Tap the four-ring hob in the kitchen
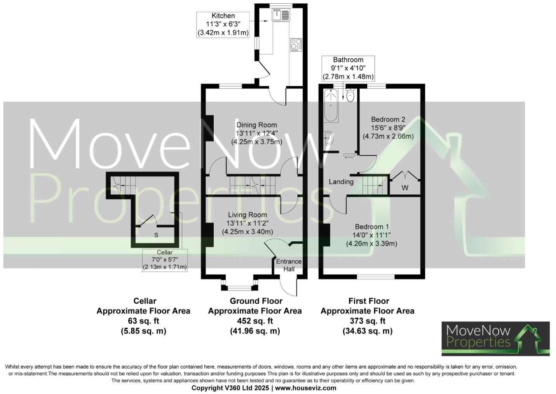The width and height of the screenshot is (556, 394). click(x=296, y=45)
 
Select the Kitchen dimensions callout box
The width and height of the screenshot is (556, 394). click(x=223, y=24)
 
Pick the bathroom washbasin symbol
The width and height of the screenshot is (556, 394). click(x=328, y=138)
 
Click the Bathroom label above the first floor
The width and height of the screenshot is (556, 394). click(x=348, y=60)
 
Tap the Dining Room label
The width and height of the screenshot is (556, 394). click(x=257, y=125)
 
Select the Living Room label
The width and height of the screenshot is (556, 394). click(x=247, y=215)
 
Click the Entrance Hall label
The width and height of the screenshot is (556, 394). click(x=289, y=265)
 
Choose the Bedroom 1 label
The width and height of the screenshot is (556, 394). click(x=372, y=226)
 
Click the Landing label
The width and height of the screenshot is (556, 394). click(x=341, y=181)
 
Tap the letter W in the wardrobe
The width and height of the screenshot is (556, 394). click(x=405, y=188)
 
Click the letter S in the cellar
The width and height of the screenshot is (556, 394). click(x=156, y=235)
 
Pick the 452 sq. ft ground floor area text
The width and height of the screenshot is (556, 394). click(x=255, y=321)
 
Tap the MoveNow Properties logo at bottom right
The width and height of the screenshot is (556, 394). click(x=495, y=338)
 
